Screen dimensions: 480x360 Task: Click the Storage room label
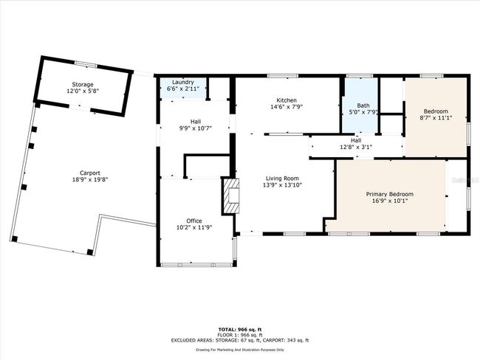point(83,84)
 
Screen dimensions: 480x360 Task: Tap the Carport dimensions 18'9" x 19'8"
point(90,180)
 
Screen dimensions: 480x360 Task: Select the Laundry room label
point(183,83)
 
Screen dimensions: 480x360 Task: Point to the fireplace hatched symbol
point(230,196)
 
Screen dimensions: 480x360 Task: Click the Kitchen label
point(287,100)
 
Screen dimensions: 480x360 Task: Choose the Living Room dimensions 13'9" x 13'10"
point(282,185)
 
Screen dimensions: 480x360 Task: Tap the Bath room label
point(363,105)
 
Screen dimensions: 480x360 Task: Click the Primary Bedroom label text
point(390,194)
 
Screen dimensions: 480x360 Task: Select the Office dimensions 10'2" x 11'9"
point(194,227)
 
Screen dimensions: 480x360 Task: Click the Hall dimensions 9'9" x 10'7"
point(195,128)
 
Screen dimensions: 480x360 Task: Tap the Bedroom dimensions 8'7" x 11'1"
point(436,118)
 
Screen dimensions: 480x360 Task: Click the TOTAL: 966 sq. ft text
point(240,330)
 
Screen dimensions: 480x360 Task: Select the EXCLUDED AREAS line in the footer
point(240,340)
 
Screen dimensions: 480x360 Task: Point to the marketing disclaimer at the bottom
point(240,350)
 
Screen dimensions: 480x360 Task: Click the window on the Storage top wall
point(86,64)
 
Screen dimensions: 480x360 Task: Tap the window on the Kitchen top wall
point(283,76)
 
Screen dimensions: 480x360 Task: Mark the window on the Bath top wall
point(360,76)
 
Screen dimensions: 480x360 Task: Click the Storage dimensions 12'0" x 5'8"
point(83,91)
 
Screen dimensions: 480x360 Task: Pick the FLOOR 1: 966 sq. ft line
point(240,335)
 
